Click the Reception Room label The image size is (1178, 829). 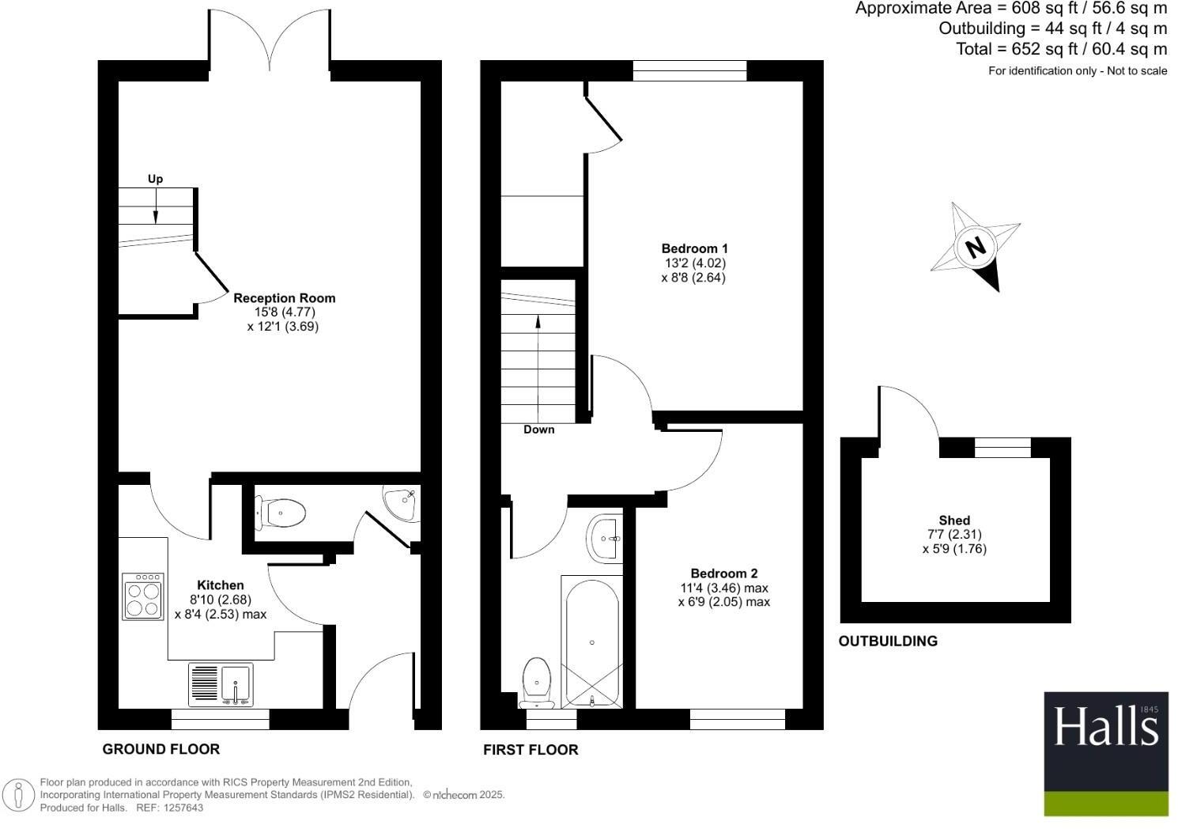[284, 298]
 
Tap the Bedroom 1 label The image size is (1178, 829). [694, 248]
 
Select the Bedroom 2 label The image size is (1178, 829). [723, 573]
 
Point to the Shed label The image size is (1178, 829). [954, 520]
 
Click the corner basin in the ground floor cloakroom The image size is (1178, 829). [402, 502]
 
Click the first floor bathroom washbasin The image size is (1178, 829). [606, 538]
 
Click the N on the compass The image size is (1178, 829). [976, 248]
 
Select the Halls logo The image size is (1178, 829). [1105, 754]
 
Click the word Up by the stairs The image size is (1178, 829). [155, 179]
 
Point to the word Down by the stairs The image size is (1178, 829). [538, 430]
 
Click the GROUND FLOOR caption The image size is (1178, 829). [161, 749]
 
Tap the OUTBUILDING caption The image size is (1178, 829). [888, 642]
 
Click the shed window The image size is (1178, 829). [1002, 448]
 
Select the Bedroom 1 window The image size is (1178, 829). [689, 71]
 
